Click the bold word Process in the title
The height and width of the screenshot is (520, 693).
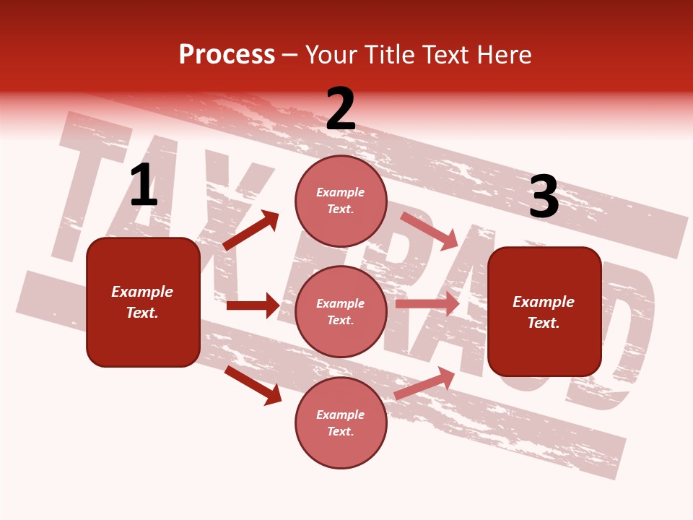click(227, 54)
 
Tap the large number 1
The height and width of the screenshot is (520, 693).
click(144, 185)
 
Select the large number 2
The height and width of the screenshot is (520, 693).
click(341, 109)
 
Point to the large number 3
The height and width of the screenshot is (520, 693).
click(544, 197)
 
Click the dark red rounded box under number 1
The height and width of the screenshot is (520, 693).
click(143, 302)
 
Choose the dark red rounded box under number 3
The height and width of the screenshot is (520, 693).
click(544, 312)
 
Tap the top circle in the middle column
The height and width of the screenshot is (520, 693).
click(341, 200)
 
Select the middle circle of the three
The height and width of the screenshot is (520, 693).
click(341, 311)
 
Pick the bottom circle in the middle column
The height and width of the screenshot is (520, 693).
click(341, 422)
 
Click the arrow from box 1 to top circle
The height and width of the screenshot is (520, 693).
click(250, 230)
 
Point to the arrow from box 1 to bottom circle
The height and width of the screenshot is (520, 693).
click(253, 385)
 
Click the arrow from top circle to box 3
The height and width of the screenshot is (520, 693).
click(430, 230)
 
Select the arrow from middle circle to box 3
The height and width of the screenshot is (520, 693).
click(427, 303)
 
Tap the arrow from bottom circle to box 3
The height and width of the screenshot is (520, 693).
click(425, 383)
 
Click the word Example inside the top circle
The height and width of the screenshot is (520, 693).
click(341, 192)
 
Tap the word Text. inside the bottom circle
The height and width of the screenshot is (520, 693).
click(341, 431)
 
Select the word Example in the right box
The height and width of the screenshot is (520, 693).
click(544, 302)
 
